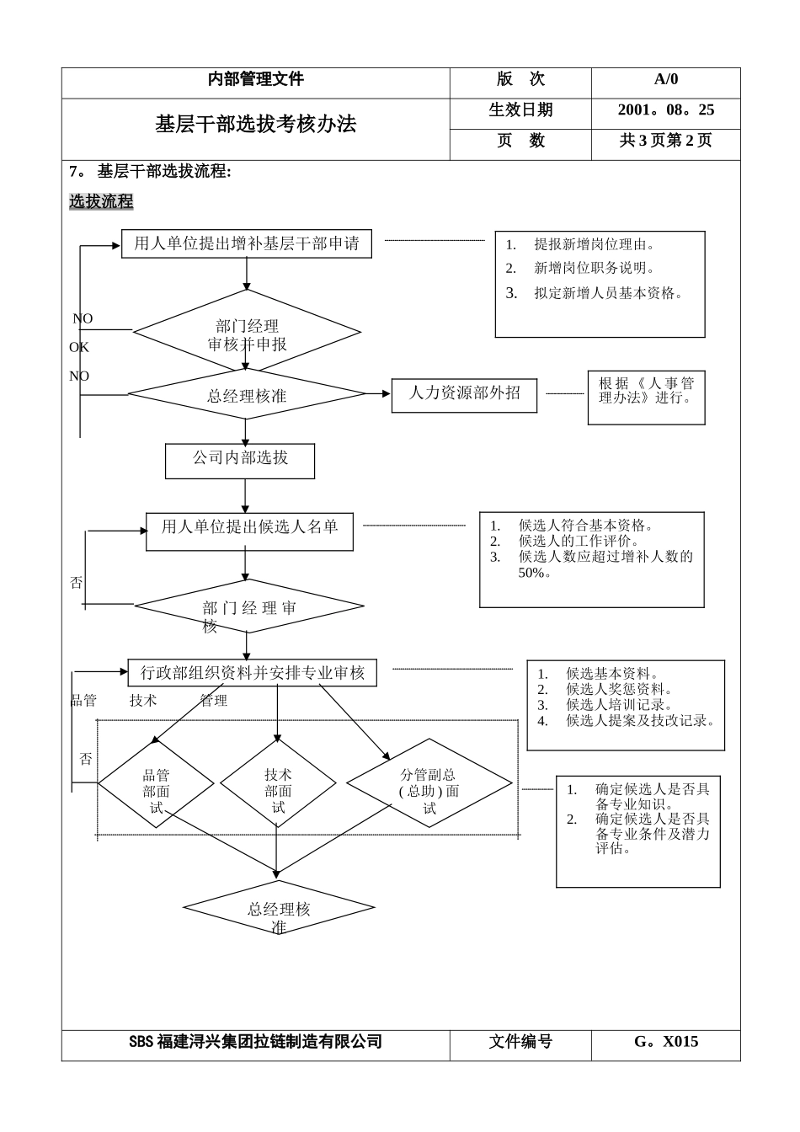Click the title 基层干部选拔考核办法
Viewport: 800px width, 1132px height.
(255, 125)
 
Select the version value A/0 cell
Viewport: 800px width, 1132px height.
(665, 79)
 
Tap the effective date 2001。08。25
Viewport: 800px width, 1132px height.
(665, 109)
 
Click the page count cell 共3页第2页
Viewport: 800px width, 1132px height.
(665, 141)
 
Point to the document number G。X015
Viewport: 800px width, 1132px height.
(665, 1041)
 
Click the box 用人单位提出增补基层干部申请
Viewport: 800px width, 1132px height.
(246, 244)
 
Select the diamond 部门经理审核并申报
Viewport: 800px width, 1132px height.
(247, 334)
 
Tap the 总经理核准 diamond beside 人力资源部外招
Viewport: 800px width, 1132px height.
(247, 395)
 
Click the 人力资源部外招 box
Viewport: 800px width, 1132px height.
(464, 393)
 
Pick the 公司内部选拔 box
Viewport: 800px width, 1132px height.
(240, 458)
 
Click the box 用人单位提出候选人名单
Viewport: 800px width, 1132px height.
(249, 528)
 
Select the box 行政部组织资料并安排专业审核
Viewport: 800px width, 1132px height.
(252, 673)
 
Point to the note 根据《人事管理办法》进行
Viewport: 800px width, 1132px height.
(646, 391)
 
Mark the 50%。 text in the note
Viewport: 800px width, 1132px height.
(536, 573)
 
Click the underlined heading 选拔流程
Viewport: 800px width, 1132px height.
(101, 202)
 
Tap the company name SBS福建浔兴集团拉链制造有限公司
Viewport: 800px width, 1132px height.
(255, 1042)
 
